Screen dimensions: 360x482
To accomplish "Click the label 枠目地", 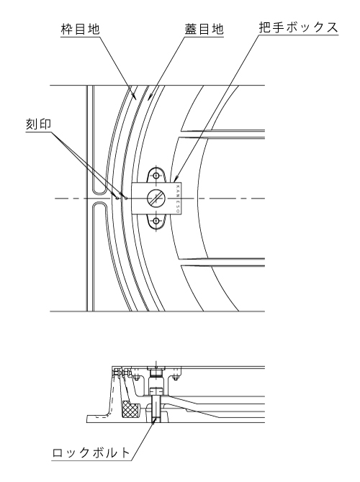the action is (x=81, y=29).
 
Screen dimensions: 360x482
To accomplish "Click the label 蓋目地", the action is (x=204, y=29).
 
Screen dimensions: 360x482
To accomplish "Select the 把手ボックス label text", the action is (x=299, y=27).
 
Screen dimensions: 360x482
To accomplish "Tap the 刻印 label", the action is (x=38, y=124).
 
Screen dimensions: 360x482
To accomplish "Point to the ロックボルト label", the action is (x=91, y=453).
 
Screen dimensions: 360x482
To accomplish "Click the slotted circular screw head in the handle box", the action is (x=156, y=199).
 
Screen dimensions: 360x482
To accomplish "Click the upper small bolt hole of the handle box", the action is (x=156, y=176).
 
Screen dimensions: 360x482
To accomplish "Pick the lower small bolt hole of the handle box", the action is (x=156, y=221).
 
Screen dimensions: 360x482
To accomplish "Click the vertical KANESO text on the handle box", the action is (x=178, y=199).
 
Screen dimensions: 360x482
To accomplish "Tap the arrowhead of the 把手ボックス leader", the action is (x=176, y=178).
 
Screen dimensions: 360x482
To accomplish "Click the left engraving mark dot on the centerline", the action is (x=117, y=198).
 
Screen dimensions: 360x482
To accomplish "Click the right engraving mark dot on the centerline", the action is (x=125, y=198).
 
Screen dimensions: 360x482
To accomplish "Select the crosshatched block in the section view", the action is (x=130, y=409).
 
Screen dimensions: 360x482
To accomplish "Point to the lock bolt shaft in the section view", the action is (x=157, y=409).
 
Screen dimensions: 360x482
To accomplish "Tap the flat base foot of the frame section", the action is (x=98, y=419).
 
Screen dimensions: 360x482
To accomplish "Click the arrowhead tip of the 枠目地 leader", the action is (x=136, y=98).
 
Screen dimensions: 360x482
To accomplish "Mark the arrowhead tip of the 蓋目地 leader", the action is (x=148, y=99).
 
